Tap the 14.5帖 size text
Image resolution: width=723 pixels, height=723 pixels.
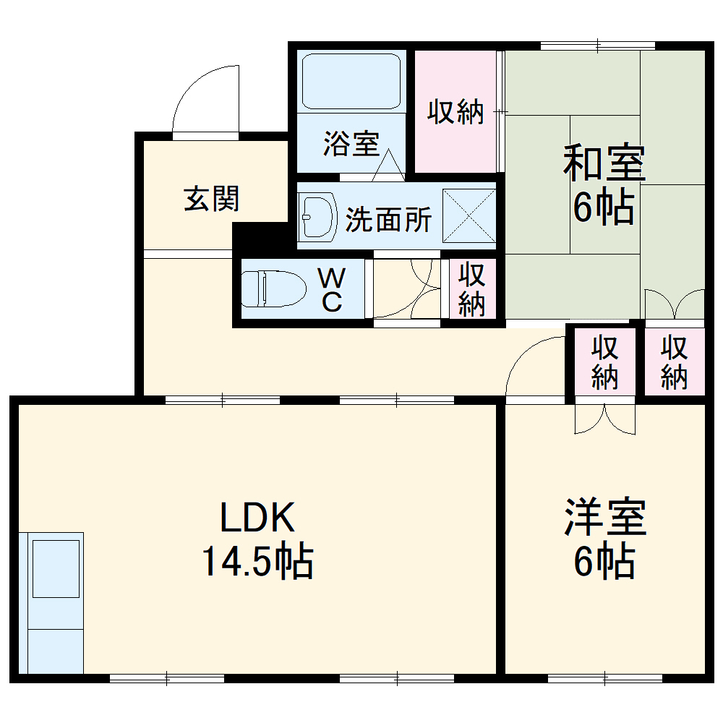pyautogui.click(x=257, y=562)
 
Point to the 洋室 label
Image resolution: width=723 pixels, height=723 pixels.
pyautogui.click(x=604, y=518)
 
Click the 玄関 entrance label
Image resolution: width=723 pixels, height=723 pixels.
pyautogui.click(x=211, y=198)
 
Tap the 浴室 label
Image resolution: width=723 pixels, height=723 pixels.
pyautogui.click(x=351, y=144)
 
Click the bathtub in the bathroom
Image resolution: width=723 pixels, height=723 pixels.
pyautogui.click(x=351, y=81)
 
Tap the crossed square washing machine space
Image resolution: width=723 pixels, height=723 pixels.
pyautogui.click(x=469, y=215)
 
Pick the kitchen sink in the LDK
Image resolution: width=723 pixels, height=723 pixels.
pyautogui.click(x=56, y=568)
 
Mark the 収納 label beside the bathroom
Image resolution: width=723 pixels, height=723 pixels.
pyautogui.click(x=455, y=112)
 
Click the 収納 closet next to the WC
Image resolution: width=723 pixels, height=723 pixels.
pyautogui.click(x=471, y=289)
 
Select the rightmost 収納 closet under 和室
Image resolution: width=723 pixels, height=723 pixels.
pyautogui.click(x=674, y=361)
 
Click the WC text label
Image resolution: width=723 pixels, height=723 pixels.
pyautogui.click(x=332, y=289)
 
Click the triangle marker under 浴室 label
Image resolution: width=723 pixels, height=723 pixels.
pyautogui.click(x=389, y=167)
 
